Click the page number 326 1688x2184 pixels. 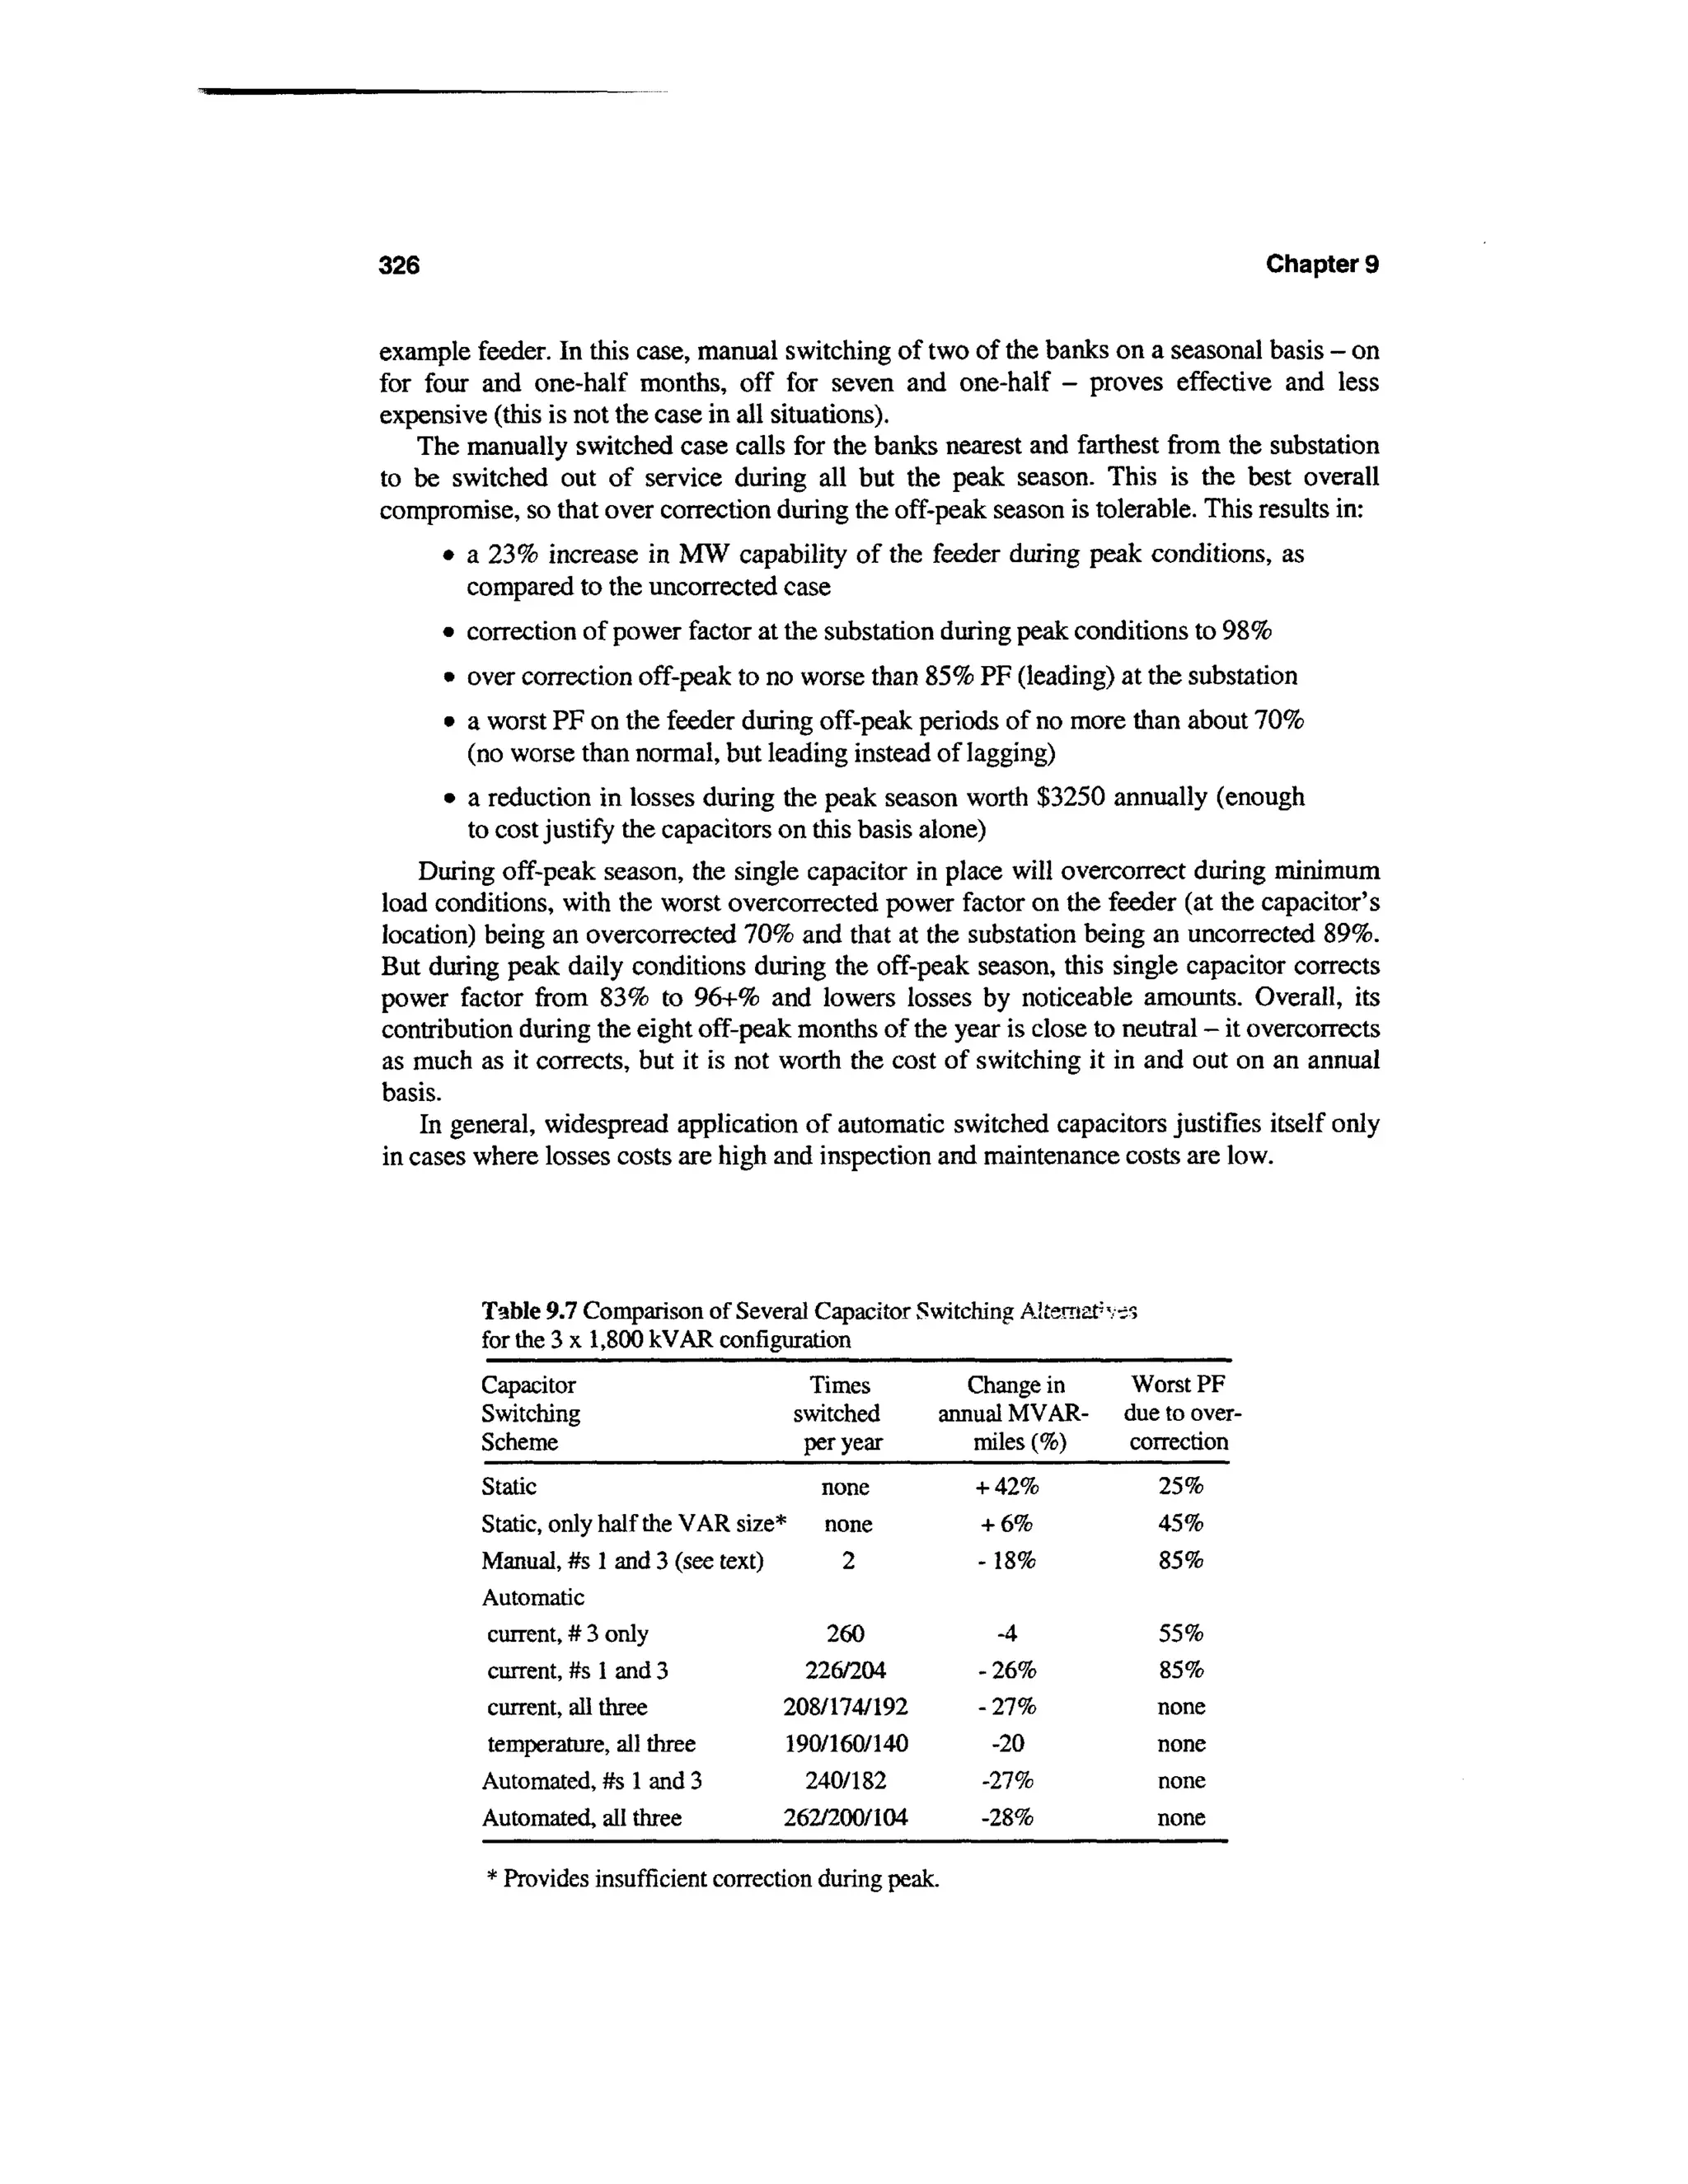399,265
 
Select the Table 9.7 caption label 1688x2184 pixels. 529,1310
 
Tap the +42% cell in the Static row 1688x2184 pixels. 1006,1487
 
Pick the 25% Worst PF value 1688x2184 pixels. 1180,1486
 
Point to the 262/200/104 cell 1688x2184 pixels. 845,1818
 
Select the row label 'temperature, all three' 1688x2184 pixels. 591,1744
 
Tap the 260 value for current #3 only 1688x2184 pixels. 845,1634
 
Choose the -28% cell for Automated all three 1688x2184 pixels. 1006,1818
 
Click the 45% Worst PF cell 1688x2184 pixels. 1180,1524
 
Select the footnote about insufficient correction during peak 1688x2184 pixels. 712,1879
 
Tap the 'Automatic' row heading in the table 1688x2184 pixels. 533,1597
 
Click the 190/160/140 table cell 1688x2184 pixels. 845,1744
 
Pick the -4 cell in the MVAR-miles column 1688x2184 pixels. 1006,1634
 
